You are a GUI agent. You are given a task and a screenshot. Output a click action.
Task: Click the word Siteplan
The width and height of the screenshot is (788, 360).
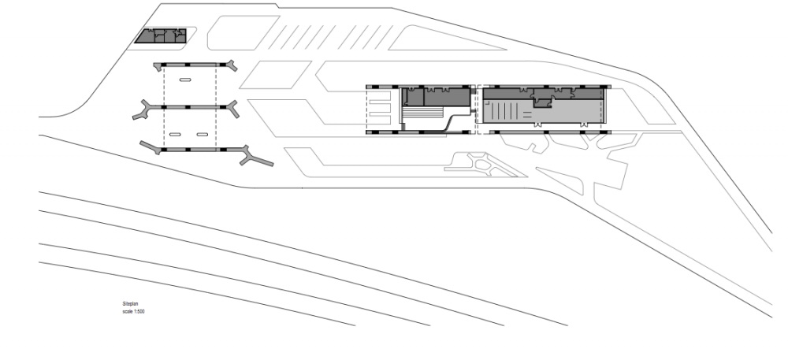pyautogui.click(x=130, y=304)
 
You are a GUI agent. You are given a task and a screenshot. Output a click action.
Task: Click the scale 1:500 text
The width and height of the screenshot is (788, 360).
pyautogui.click(x=134, y=312)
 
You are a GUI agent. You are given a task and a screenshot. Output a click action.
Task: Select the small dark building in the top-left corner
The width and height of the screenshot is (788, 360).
pyautogui.click(x=161, y=35)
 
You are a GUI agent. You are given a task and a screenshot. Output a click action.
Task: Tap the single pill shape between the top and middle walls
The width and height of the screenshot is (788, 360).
pyautogui.click(x=185, y=80)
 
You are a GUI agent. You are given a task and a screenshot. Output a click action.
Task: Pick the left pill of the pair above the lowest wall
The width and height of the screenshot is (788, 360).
pyautogui.click(x=176, y=134)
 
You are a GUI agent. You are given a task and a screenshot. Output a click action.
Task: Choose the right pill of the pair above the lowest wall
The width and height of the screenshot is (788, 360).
pyautogui.click(x=202, y=134)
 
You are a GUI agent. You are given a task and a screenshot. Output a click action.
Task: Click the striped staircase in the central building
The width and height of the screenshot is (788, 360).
pyautogui.click(x=424, y=111)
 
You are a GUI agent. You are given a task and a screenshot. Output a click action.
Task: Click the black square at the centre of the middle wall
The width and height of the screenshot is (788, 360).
pyautogui.click(x=188, y=107)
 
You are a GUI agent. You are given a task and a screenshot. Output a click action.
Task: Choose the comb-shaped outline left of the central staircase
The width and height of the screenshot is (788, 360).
pyautogui.click(x=378, y=107)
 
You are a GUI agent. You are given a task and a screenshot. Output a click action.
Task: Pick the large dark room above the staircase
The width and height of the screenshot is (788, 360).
pyautogui.click(x=447, y=96)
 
